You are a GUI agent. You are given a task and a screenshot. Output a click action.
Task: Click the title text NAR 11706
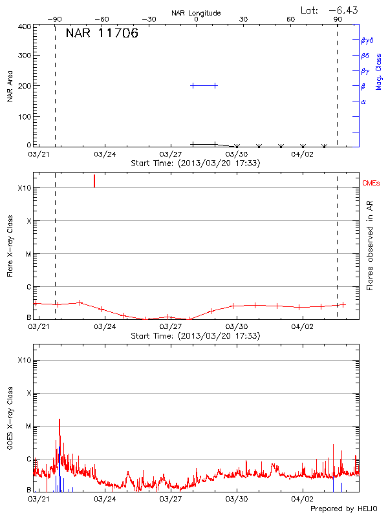102,34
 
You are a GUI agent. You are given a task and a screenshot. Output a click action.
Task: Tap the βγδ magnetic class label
367,40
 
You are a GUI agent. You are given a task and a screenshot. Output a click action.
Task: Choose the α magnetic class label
363,101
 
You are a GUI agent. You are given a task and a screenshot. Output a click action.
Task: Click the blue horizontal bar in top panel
204,85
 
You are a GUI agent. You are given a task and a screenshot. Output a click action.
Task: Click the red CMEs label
372,184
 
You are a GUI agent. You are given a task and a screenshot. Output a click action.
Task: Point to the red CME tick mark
94,180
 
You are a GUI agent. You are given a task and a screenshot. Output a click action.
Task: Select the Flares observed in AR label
370,246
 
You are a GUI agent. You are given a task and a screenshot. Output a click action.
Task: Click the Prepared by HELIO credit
344,509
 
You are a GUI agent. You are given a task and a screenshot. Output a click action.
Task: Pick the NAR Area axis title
10,86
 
